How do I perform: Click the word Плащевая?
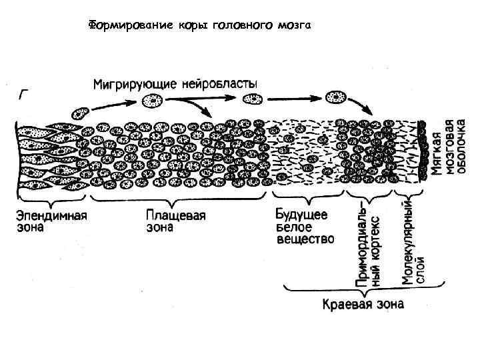point(176,216)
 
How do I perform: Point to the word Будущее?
point(301,215)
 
